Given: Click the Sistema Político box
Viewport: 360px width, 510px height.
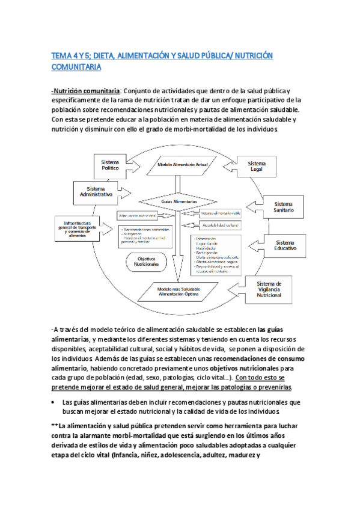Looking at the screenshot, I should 110,165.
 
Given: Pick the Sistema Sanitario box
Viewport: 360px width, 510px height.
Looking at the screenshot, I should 285,207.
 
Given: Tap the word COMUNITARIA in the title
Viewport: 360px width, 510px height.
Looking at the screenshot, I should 76,67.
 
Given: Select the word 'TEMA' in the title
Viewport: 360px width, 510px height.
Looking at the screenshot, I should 61,56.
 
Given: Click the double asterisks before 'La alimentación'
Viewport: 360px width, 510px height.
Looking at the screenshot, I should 55,425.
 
